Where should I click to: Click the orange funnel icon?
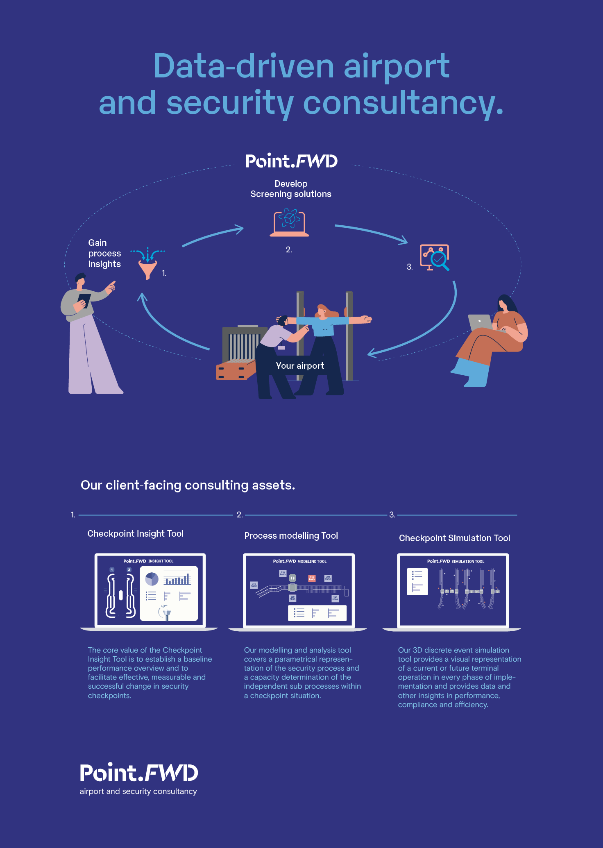tap(147, 269)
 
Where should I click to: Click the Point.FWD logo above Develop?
tap(291, 161)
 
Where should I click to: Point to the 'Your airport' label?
tap(300, 366)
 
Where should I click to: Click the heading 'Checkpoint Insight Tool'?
tap(135, 533)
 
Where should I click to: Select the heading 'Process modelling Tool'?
tap(291, 535)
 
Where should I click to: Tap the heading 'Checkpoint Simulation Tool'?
tap(454, 538)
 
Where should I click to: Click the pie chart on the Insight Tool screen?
tap(152, 579)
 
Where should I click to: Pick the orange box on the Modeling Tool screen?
tap(312, 578)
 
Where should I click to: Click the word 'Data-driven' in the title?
tap(244, 66)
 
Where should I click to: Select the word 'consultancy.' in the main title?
tap(403, 103)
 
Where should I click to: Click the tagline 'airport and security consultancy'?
tap(138, 791)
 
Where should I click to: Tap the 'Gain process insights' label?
tap(104, 253)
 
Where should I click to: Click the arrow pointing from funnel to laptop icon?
tap(213, 236)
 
